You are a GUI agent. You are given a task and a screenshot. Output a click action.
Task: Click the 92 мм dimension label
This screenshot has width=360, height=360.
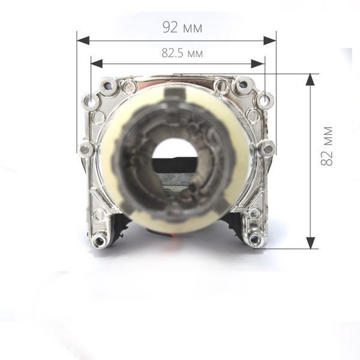point(182,27)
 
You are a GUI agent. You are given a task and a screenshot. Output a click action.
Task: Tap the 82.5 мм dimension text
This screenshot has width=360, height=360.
point(182,53)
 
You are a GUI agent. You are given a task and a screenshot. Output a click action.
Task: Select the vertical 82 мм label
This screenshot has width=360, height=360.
point(326,146)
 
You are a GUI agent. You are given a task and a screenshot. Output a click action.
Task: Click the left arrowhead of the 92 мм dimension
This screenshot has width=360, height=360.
point(83,41)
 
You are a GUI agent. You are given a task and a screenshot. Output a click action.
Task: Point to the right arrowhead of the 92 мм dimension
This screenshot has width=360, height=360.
point(270,41)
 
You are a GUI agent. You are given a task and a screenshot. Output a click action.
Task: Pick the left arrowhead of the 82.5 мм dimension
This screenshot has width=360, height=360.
point(97,64)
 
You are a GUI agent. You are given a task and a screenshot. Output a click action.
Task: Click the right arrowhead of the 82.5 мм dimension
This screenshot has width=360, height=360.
point(258,64)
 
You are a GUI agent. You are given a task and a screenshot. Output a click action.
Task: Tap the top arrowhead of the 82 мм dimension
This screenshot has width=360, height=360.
point(310,80)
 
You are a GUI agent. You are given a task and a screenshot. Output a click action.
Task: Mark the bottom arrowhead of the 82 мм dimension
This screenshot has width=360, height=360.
point(310,243)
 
